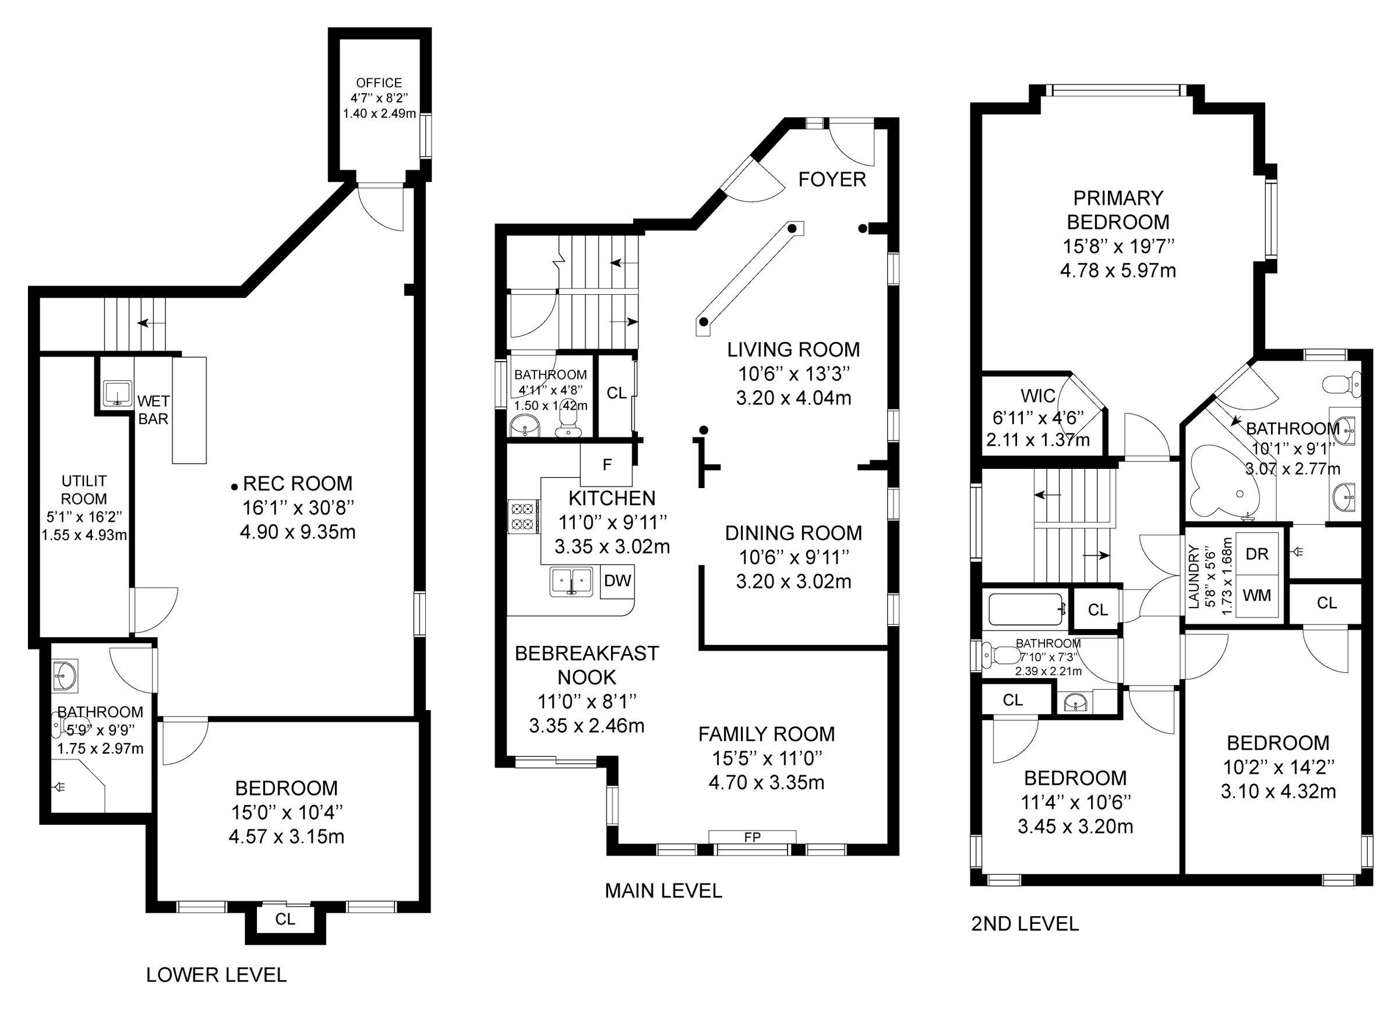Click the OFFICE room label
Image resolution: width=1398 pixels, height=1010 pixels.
(379, 83)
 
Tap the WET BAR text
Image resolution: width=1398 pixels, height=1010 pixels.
(153, 410)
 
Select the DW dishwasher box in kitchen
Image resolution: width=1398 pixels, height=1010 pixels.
(617, 581)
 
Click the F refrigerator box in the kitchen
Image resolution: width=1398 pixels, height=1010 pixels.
(606, 465)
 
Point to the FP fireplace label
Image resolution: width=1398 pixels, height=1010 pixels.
(752, 837)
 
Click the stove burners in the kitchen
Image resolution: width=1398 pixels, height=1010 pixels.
(523, 517)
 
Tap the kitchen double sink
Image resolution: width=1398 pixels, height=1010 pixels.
(571, 581)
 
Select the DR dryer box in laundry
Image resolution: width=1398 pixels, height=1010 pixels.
(1257, 553)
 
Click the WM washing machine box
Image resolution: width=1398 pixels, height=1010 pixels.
(1256, 595)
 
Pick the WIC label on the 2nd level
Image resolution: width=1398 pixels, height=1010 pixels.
(1038, 395)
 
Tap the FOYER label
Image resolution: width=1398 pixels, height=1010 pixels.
(832, 179)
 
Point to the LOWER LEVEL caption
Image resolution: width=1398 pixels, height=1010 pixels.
(216, 974)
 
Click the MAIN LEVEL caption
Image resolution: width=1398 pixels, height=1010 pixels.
(663, 891)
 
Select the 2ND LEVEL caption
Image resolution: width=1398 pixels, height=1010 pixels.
(1025, 924)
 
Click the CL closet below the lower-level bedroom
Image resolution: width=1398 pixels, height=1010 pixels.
(285, 919)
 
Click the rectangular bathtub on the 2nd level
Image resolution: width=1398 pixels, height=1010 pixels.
(1025, 609)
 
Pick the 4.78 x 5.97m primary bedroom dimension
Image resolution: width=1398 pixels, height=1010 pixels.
(1118, 270)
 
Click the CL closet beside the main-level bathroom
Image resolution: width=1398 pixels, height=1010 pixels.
(616, 393)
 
